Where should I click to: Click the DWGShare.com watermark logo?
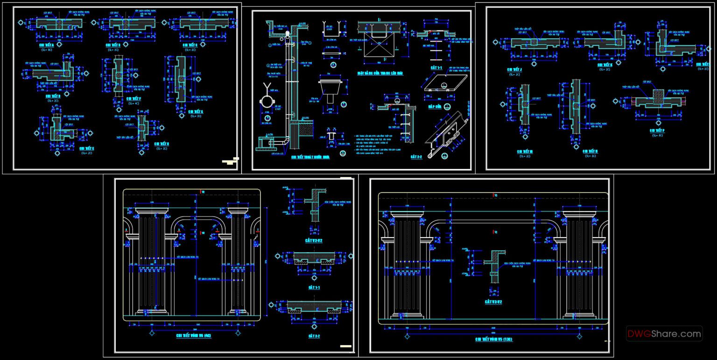[664, 334]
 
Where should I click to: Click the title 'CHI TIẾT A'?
[47, 45]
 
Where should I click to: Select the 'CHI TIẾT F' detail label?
[134, 99]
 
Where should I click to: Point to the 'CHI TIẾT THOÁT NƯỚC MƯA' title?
[310, 157]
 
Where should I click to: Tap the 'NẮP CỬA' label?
[435, 106]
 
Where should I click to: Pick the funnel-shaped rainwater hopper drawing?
[331, 88]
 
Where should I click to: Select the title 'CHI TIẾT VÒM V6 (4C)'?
[193, 336]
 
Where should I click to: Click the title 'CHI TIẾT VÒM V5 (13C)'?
[494, 339]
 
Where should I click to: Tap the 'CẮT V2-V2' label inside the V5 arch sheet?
[493, 302]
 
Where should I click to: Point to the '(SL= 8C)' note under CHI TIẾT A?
[47, 49]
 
